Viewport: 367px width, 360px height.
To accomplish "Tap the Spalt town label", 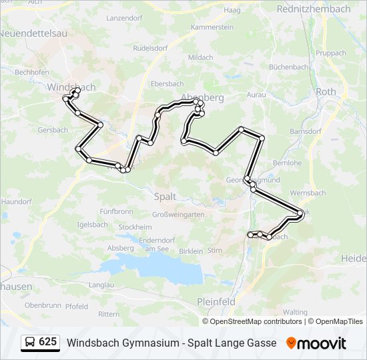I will (x=165, y=197).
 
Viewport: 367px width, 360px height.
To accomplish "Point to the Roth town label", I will (x=326, y=92).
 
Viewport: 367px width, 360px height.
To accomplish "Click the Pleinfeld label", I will (x=216, y=301).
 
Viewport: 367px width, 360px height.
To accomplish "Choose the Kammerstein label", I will (x=212, y=27).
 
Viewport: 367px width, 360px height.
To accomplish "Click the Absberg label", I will (x=120, y=248).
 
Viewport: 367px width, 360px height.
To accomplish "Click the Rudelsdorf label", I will (x=150, y=48).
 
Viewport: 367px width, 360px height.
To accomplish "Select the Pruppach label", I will (x=332, y=53).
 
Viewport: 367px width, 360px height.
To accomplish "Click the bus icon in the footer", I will (x=30, y=343).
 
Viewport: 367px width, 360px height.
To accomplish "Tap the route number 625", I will (x=47, y=342).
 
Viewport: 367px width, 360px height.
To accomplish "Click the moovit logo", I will (x=316, y=343).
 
